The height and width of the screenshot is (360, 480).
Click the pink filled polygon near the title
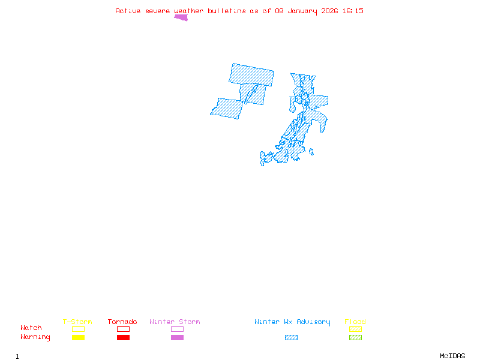181,17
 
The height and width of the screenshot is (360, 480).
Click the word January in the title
304,11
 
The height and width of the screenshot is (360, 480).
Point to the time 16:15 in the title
352,11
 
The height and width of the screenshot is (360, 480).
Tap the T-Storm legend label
77,322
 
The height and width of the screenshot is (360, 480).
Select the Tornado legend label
122,322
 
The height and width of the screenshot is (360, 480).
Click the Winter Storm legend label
175,322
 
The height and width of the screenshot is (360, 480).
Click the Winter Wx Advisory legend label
292,322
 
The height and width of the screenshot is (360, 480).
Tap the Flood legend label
355,322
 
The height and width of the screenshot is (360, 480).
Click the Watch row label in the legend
31,328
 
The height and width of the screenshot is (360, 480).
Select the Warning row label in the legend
35,337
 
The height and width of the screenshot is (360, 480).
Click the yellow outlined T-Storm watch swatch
78,329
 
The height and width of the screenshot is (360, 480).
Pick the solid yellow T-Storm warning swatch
78,338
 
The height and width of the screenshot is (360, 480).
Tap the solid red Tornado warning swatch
123,338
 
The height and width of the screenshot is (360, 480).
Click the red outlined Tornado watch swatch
123,329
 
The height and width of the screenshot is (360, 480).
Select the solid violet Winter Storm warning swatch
177,338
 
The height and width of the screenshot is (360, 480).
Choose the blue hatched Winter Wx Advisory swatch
291,338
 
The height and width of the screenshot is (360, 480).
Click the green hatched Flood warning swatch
355,338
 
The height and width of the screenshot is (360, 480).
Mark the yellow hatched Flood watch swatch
355,329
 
